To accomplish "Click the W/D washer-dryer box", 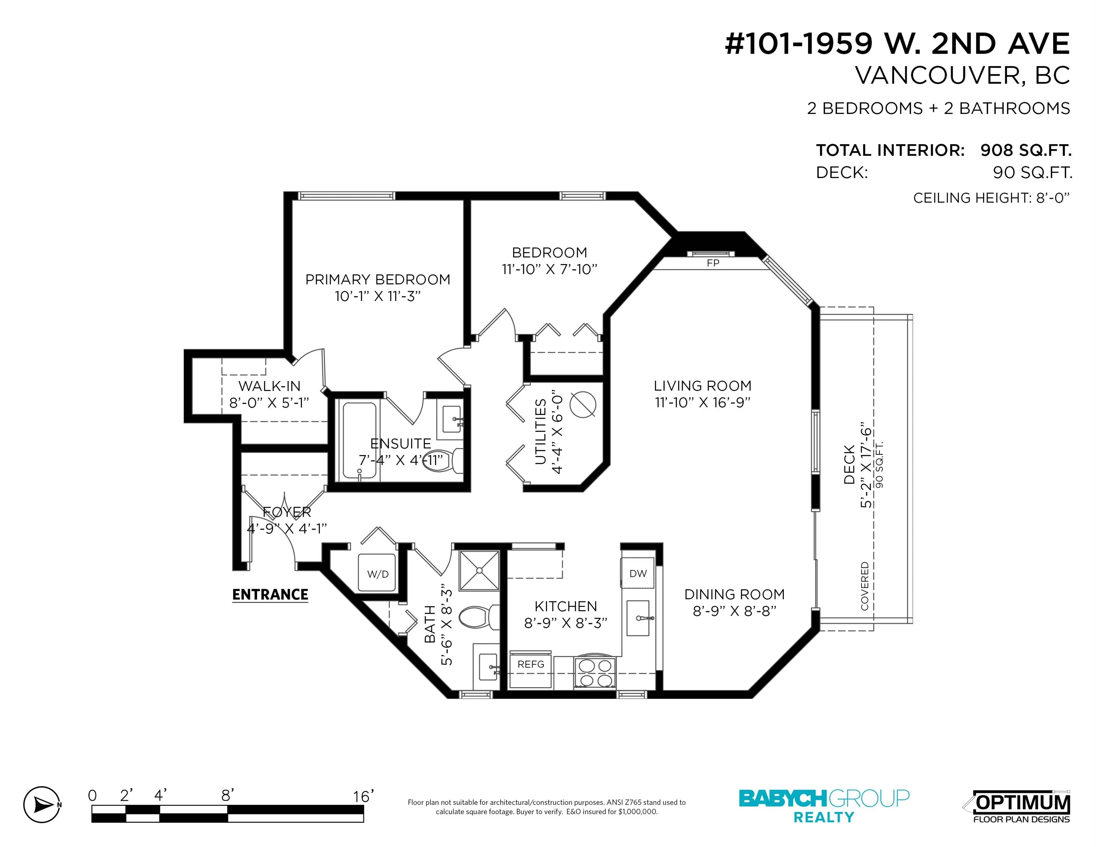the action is tap(377, 572).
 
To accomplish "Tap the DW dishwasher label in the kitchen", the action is tap(638, 573).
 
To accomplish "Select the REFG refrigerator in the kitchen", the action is tap(531, 670).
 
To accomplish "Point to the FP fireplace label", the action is tap(713, 263).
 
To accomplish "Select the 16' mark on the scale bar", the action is tap(363, 796).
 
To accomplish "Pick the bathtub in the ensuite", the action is tap(359, 440).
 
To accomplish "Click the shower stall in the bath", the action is tap(479, 571).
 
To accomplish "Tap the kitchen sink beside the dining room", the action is tap(638, 618).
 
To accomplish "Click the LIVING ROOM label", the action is tap(703, 386).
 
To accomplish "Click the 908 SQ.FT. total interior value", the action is tap(1026, 150).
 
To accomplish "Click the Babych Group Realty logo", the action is tap(824, 806).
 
